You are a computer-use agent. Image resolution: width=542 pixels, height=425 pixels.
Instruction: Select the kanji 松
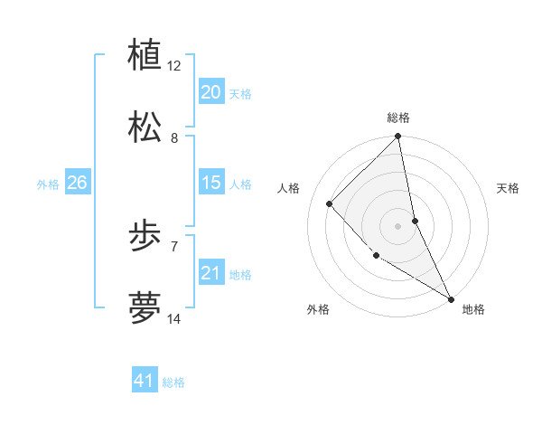click(x=145, y=126)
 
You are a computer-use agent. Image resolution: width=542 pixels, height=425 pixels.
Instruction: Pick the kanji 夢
click(x=145, y=307)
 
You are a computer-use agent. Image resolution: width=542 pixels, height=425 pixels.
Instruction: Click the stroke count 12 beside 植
click(x=174, y=66)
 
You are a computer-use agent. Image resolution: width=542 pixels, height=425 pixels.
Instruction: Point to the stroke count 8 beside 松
click(x=174, y=138)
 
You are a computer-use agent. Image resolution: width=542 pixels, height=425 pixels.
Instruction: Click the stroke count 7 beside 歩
click(x=174, y=246)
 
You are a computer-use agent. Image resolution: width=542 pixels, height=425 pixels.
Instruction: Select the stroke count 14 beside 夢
click(x=174, y=318)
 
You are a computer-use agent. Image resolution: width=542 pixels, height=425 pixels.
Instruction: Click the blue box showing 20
click(x=211, y=92)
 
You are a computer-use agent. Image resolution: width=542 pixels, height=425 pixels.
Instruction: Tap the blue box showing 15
click(x=211, y=183)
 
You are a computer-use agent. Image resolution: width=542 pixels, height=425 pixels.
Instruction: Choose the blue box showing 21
click(x=211, y=273)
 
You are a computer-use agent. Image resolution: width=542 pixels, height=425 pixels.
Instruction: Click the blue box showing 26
click(x=77, y=183)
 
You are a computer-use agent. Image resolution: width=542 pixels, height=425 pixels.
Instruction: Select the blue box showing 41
click(x=145, y=381)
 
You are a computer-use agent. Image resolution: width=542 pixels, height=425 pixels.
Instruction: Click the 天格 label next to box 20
click(x=240, y=94)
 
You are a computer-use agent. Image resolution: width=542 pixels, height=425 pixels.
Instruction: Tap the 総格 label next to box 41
click(x=173, y=382)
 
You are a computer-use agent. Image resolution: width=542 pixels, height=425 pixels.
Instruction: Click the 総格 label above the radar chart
click(x=398, y=118)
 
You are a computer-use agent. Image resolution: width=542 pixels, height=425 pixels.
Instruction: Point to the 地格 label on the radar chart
click(x=473, y=309)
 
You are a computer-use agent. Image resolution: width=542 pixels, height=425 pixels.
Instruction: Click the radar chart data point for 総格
click(x=398, y=137)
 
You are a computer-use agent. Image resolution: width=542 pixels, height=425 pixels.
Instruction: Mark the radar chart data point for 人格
click(x=330, y=204)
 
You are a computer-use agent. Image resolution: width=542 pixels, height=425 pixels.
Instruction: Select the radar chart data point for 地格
click(x=451, y=297)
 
